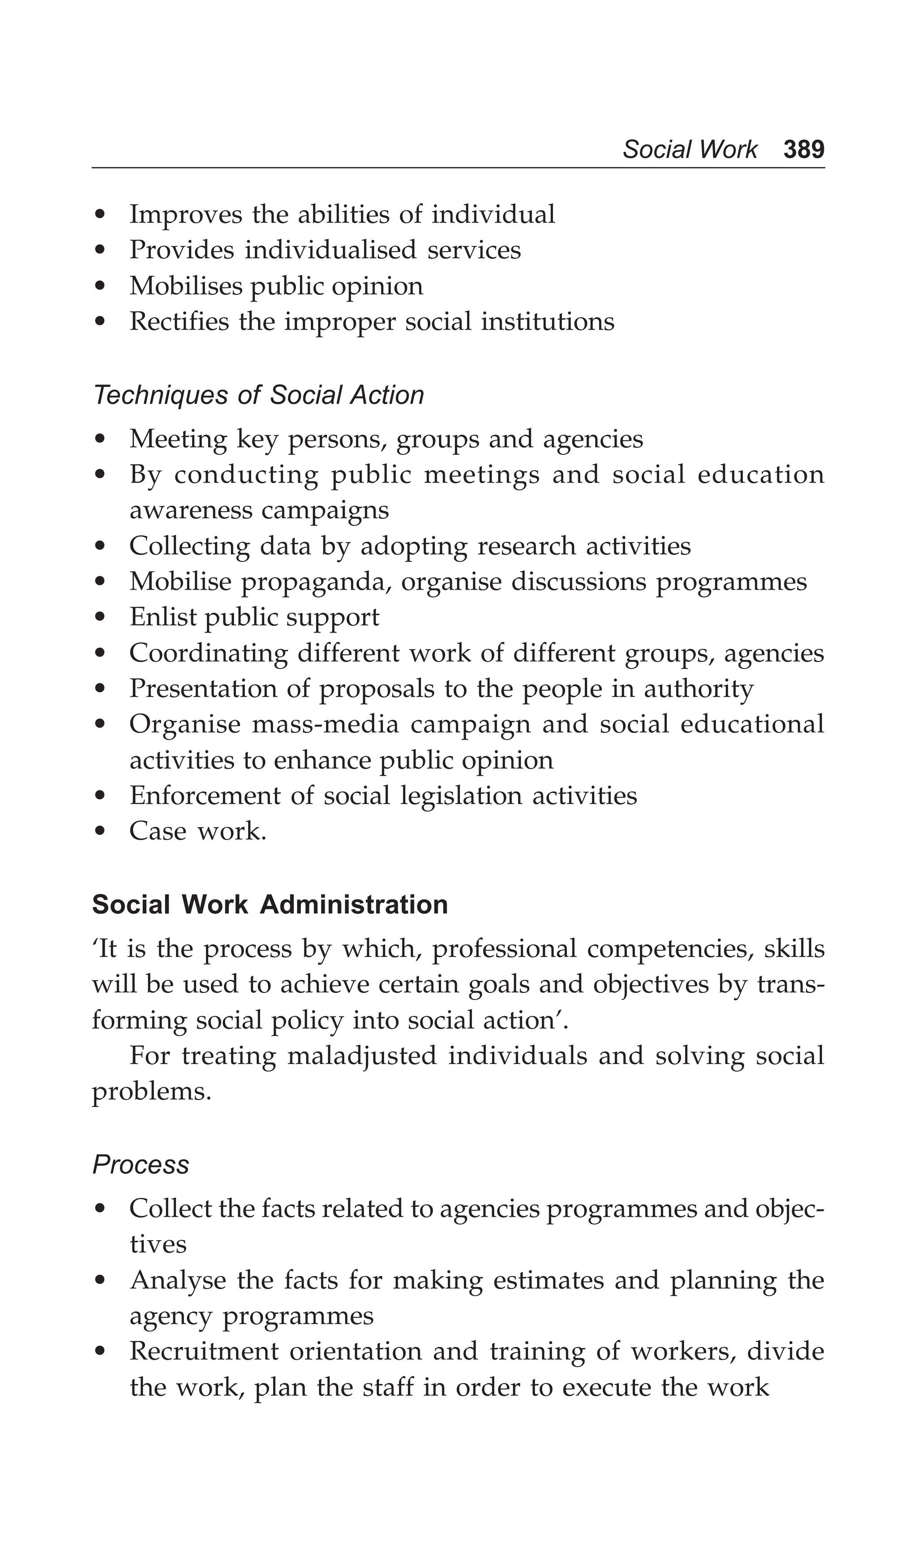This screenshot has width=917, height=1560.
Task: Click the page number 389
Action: (x=803, y=149)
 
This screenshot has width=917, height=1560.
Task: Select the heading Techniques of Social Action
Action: (x=258, y=395)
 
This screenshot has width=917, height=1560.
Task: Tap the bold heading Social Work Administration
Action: (x=270, y=905)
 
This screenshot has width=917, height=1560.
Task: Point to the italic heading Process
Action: (x=141, y=1164)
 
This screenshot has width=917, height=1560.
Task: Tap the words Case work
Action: (x=197, y=831)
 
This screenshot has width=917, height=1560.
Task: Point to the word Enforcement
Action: (x=205, y=796)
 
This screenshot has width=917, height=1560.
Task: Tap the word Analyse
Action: (x=178, y=1280)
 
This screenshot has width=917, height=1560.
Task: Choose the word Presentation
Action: (x=202, y=689)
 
